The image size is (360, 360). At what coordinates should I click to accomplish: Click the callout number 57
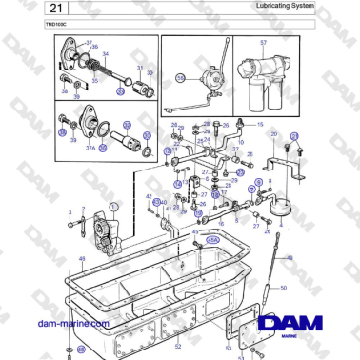click(263, 43)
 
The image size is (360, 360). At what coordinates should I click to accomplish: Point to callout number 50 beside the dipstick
click(283, 287)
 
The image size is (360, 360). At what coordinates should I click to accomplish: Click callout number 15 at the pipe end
click(259, 124)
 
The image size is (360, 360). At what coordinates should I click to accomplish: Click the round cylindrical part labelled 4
click(281, 202)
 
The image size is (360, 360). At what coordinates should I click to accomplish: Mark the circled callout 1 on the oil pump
click(113, 206)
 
